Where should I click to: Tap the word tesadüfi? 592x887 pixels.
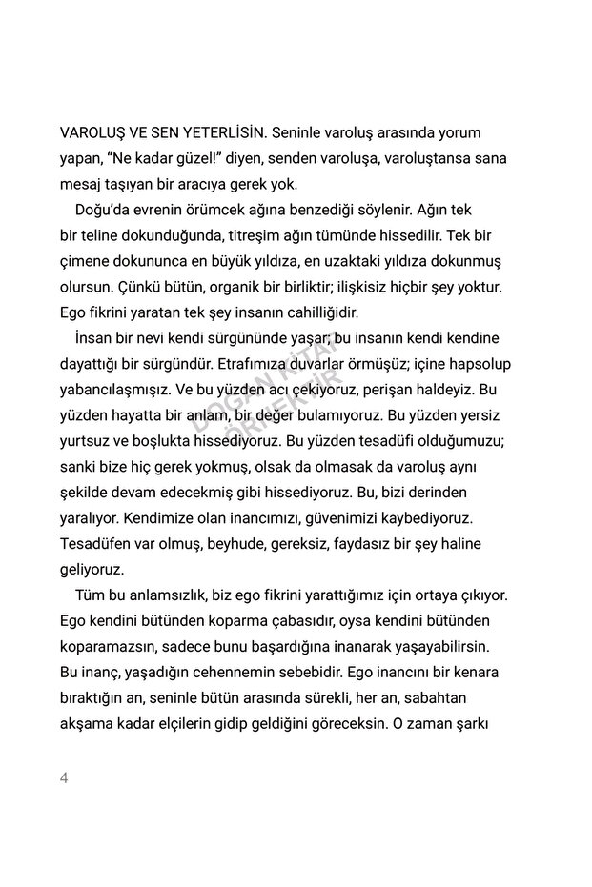point(378,440)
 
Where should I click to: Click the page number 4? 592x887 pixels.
point(65,778)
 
